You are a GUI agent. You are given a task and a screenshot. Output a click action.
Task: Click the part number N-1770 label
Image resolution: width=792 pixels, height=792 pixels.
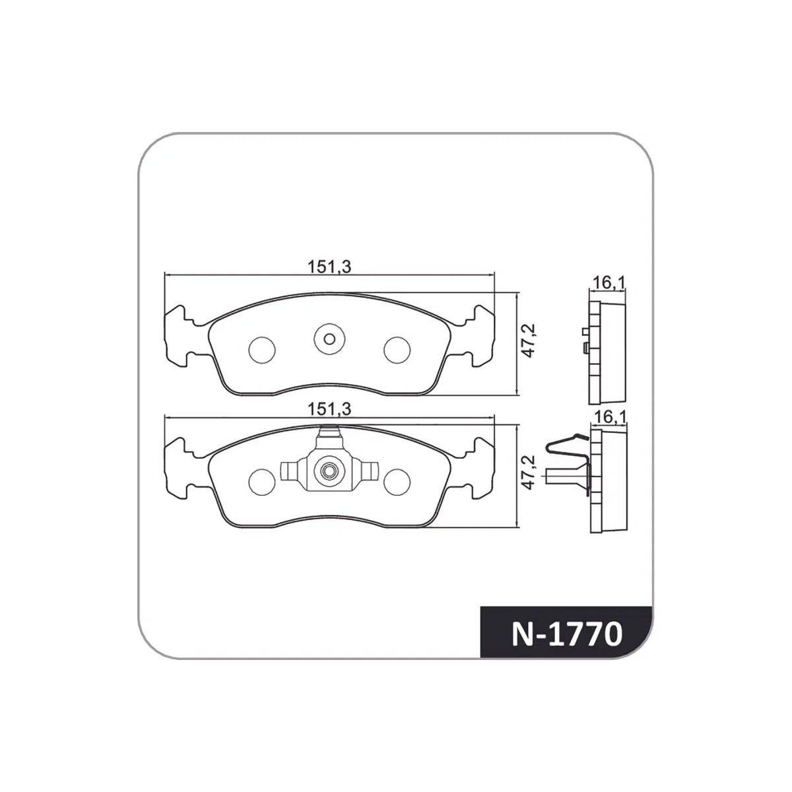[566, 634]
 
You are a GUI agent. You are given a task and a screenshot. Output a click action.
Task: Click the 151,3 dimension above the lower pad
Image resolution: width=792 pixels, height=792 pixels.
[329, 409]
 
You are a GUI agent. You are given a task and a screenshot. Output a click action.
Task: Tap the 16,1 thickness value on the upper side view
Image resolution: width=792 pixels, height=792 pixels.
[608, 284]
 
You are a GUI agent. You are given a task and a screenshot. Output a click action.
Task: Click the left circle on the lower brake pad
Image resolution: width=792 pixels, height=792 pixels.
[262, 480]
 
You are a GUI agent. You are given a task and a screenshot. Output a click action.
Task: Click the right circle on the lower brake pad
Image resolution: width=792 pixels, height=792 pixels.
[397, 480]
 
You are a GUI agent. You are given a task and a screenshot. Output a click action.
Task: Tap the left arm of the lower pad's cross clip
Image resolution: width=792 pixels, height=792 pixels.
[291, 471]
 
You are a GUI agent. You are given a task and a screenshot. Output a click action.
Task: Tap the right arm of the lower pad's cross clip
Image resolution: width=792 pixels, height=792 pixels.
[368, 471]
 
